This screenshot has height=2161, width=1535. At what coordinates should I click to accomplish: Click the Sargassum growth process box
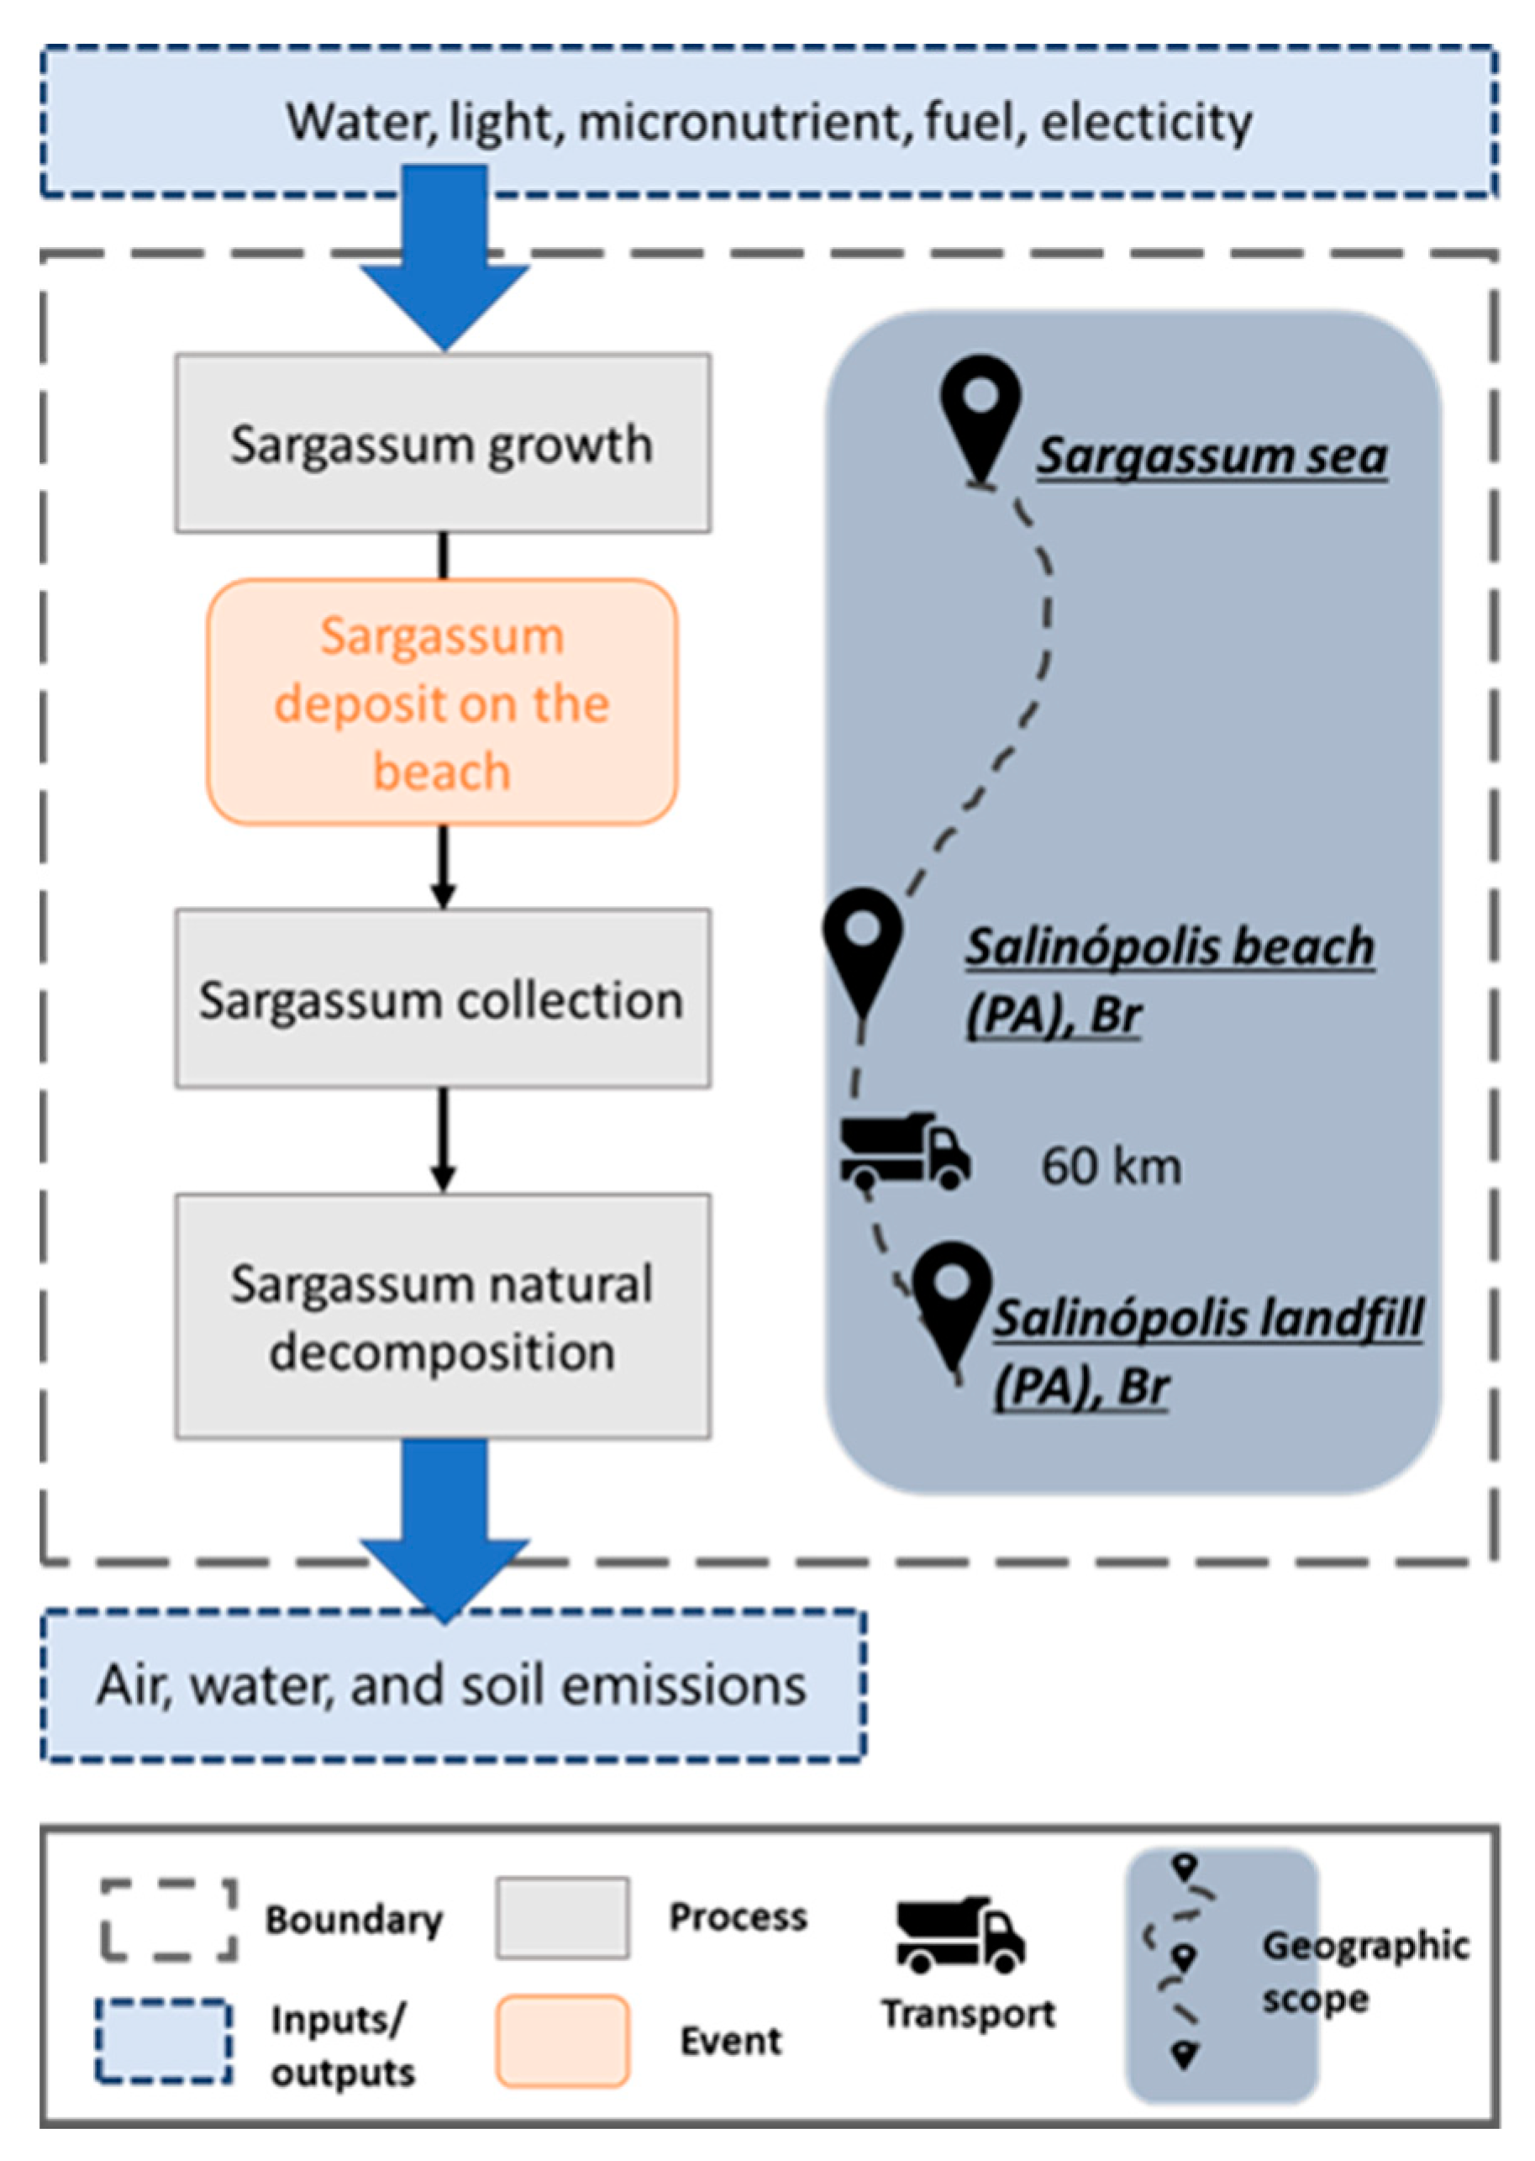click(442, 443)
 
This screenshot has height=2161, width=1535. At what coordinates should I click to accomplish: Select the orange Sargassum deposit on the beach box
click(442, 703)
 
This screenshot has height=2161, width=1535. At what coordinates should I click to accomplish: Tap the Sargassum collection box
click(442, 999)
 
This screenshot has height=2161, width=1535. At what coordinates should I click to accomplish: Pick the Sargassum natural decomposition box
click(442, 1317)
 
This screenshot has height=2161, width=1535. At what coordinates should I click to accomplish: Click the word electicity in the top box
click(1147, 122)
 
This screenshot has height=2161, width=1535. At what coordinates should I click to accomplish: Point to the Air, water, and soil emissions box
click(452, 1685)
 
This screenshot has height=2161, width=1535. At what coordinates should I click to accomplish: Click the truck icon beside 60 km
click(905, 1151)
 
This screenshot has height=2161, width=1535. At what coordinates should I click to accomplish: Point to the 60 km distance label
click(1111, 1167)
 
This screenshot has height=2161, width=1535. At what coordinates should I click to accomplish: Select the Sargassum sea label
click(1212, 456)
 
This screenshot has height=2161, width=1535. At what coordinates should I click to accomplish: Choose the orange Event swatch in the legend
click(562, 2040)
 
